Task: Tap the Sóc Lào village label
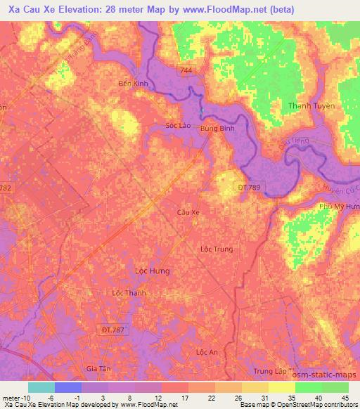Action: pyautogui.click(x=178, y=126)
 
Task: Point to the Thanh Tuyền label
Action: pyautogui.click(x=311, y=105)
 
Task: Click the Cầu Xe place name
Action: pyautogui.click(x=188, y=212)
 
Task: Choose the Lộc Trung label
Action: pyautogui.click(x=216, y=249)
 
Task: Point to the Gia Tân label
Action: pyautogui.click(x=99, y=368)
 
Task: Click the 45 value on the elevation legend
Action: pyautogui.click(x=345, y=397)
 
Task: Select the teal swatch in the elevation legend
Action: pyautogui.click(x=41, y=387)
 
